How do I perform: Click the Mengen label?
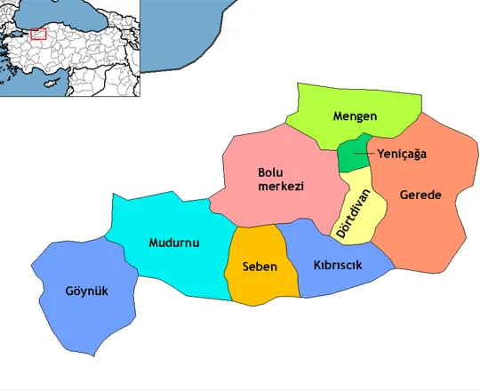(356, 116)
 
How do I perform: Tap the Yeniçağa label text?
(402, 154)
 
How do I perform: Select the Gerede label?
(420, 195)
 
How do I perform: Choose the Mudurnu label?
(174, 242)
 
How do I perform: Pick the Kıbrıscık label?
(338, 266)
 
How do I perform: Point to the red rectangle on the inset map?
(38, 34)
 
